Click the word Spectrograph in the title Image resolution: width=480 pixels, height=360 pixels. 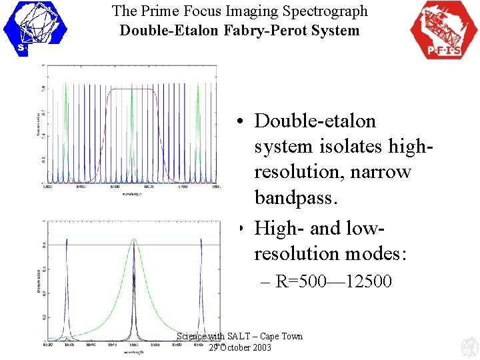click(327, 11)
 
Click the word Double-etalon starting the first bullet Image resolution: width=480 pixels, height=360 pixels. click(315, 121)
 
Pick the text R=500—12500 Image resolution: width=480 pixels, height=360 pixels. click(333, 281)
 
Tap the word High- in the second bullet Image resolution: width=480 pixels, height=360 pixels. click(279, 229)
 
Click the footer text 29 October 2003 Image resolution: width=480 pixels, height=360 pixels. click(240, 347)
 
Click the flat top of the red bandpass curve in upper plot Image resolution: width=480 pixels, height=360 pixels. click(131, 89)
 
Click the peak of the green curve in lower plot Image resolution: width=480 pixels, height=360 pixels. click(134, 239)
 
